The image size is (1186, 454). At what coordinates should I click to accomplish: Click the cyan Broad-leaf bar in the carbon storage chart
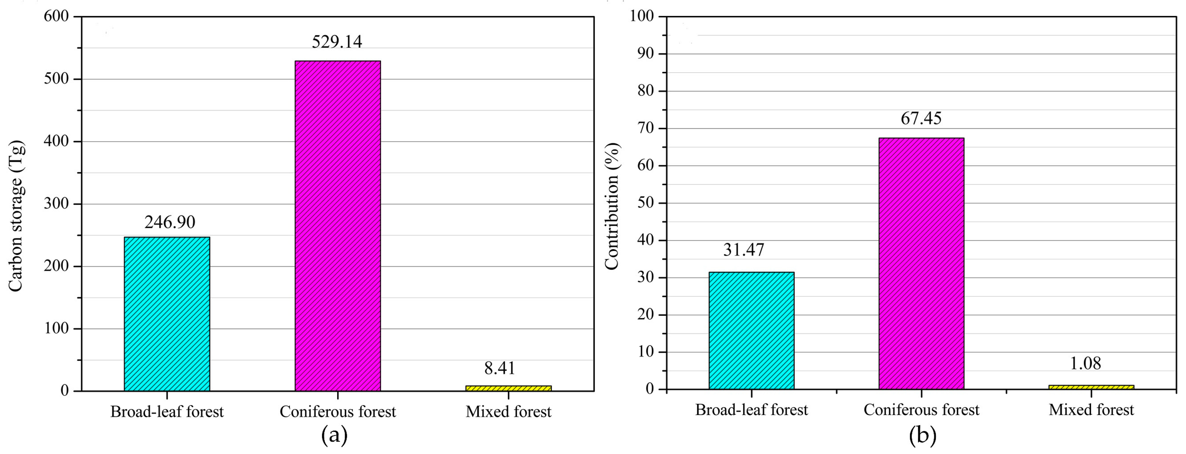[x=167, y=314]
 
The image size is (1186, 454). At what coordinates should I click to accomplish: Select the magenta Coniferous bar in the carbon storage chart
[x=338, y=226]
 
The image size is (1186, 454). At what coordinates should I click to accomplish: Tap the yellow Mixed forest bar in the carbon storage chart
[x=508, y=388]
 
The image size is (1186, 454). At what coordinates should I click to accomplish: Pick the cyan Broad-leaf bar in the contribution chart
[x=752, y=331]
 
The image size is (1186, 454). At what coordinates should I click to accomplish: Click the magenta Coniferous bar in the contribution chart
[x=921, y=263]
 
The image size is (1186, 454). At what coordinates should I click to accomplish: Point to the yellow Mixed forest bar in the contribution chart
[x=1091, y=387]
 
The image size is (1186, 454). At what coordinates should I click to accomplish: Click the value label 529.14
[x=337, y=42]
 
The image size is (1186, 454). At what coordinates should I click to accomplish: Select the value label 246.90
[x=170, y=222]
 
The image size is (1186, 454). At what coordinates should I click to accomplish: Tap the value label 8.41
[x=499, y=368]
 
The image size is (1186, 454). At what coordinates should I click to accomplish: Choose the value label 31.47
[x=744, y=250]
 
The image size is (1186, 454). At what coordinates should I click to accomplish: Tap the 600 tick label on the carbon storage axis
[x=56, y=16]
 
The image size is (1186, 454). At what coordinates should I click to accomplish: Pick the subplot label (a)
[x=334, y=435]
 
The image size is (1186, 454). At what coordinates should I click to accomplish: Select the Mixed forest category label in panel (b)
[x=1091, y=410]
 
